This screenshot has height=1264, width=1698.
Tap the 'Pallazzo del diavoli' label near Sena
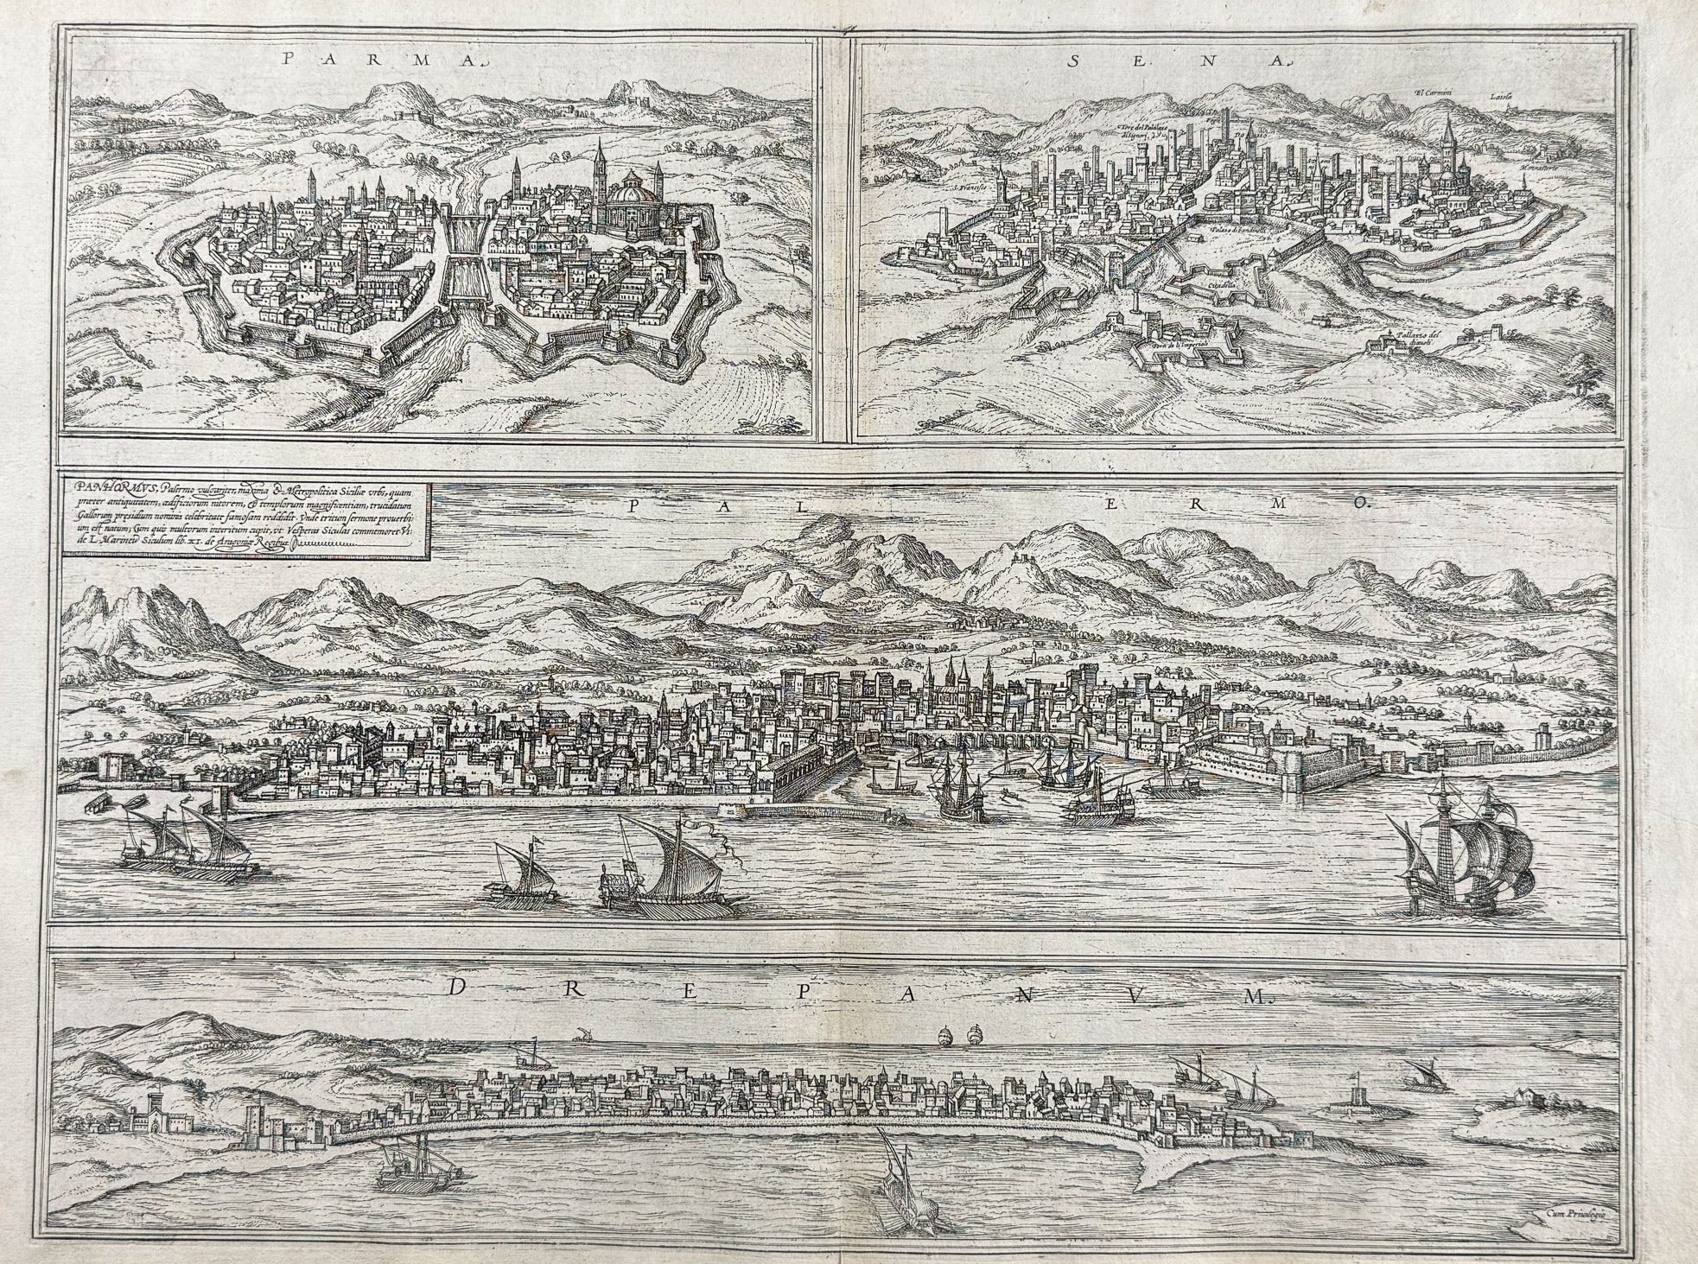tap(1417, 338)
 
